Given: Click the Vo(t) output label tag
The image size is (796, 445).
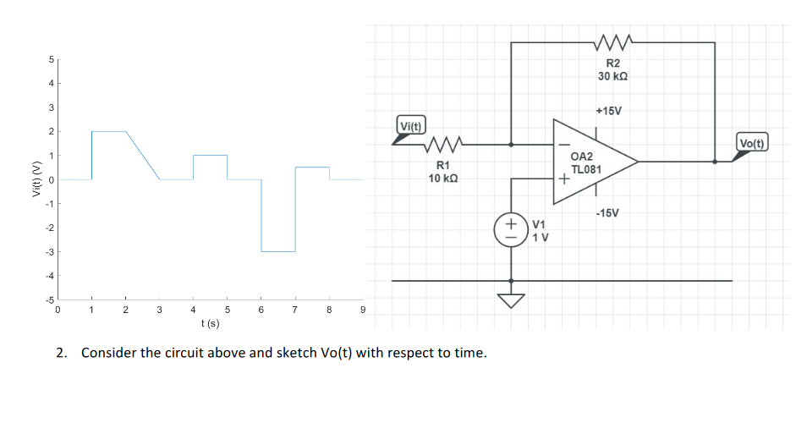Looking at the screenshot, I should [x=752, y=142].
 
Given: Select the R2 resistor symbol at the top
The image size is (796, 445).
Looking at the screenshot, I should [x=612, y=42].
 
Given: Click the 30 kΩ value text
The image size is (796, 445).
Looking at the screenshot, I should [x=612, y=76].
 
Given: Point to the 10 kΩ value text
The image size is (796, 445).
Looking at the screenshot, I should [x=444, y=179].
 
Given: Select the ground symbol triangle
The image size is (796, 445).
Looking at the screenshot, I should [x=511, y=301].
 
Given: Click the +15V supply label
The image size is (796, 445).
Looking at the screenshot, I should [x=607, y=111].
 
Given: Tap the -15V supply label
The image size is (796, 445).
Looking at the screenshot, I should [x=608, y=212].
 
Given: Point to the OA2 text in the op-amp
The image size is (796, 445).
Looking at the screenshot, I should [x=582, y=157].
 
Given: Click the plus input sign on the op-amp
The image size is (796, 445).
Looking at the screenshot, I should [x=561, y=179].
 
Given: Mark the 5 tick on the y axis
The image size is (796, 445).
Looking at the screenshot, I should [x=50, y=59].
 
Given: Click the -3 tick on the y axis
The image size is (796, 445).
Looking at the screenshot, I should [x=48, y=252].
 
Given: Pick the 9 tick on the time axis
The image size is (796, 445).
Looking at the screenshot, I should [x=363, y=311].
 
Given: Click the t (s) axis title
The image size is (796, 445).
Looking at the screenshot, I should [x=210, y=323].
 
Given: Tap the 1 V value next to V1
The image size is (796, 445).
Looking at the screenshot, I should [x=541, y=237].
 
